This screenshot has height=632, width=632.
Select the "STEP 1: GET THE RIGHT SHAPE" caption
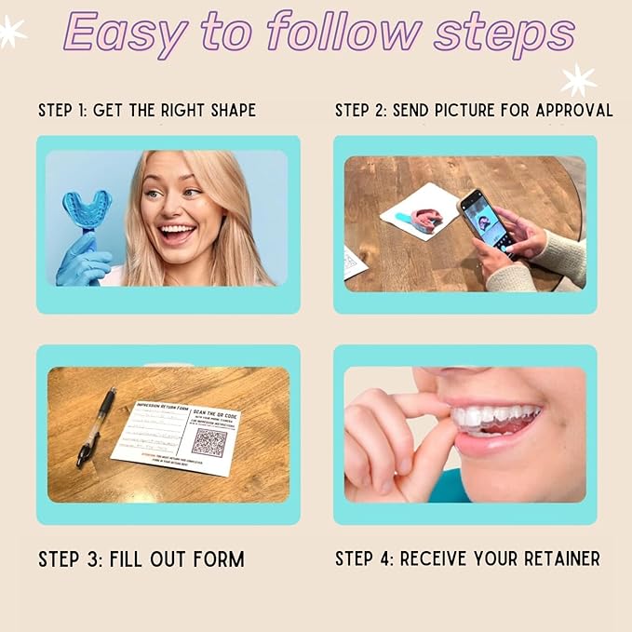coord(147,110)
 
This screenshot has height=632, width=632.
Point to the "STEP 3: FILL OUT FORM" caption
coord(141,559)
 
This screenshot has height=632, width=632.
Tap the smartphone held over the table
coord(484,219)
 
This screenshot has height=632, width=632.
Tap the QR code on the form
coord(209,441)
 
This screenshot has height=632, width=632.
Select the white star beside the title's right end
coord(578,80)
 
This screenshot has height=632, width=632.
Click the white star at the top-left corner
coord(11,33)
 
